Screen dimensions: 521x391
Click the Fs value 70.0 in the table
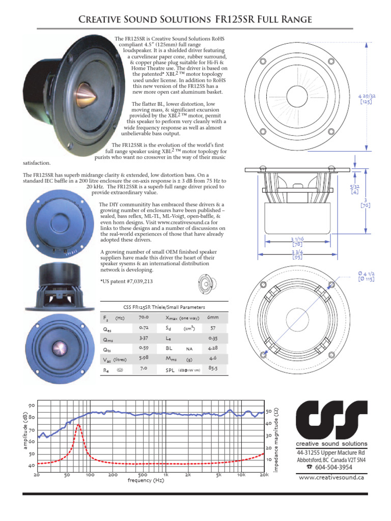click(x=143, y=317)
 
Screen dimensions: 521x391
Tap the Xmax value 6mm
click(x=213, y=317)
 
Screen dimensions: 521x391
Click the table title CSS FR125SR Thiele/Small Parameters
click(x=164, y=307)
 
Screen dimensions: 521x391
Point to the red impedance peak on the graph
click(x=78, y=426)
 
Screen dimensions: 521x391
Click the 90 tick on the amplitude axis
click(x=32, y=406)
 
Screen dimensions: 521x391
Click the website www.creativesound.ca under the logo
click(x=331, y=477)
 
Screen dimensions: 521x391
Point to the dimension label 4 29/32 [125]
click(x=366, y=98)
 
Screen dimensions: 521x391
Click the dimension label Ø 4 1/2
click(x=367, y=276)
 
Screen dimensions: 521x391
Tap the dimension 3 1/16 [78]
click(x=297, y=242)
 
